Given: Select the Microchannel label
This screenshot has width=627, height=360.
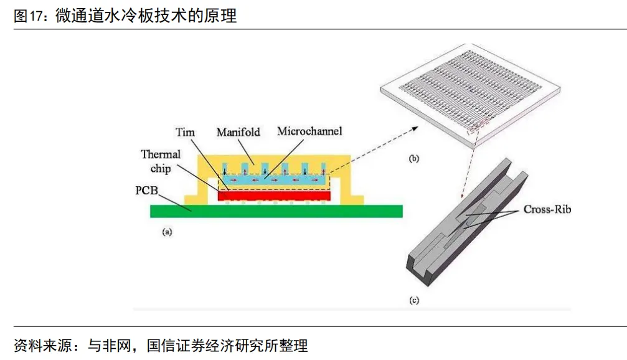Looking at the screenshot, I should coord(310,131).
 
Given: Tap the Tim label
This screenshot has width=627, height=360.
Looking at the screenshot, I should coord(185,132).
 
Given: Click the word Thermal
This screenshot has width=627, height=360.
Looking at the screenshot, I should coord(161,154).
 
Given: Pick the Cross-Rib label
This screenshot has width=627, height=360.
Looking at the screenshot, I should coord(547,210).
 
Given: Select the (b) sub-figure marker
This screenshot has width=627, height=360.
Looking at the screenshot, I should coord(414,159).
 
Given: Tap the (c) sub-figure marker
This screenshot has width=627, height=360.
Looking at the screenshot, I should coord(414,301).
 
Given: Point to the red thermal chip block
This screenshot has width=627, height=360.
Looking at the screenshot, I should coord(274,196).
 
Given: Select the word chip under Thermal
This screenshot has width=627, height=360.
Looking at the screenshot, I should coord(160,169).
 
